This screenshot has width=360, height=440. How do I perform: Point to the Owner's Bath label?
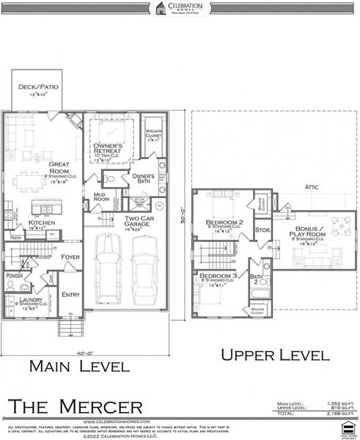142,177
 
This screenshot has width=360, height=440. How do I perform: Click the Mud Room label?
100,197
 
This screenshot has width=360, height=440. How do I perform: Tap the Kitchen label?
41,223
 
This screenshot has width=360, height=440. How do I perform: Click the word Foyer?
70,257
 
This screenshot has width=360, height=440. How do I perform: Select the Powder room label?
15,276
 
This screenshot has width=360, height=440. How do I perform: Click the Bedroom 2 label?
224,222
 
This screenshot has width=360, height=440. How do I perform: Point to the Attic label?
310,187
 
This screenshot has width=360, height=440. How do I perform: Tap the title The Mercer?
75,406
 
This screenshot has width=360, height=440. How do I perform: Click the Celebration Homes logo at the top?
180,8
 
